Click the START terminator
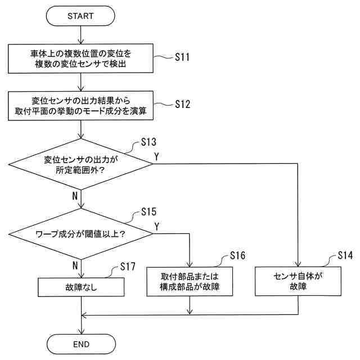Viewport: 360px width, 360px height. (x=80, y=16)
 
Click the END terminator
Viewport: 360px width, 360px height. (x=81, y=344)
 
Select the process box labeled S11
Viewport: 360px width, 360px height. (x=80, y=58)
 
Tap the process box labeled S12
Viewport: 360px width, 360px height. (x=80, y=106)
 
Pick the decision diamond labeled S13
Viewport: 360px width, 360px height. (x=80, y=164)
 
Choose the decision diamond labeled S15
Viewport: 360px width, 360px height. (x=81, y=234)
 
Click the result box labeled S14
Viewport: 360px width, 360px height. (x=298, y=281)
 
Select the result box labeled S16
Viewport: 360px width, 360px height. (x=190, y=281)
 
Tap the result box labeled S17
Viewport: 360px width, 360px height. (x=81, y=287)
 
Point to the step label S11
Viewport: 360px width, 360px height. (x=182, y=57)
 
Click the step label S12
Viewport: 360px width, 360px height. (x=182, y=104)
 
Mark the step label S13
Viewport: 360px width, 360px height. (x=148, y=142)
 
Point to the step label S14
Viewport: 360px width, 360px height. (x=345, y=255)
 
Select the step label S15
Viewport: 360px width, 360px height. (x=148, y=211)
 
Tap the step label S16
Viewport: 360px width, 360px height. (x=237, y=255)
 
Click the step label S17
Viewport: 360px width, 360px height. (x=128, y=267)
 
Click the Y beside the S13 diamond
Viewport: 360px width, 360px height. (x=156, y=156)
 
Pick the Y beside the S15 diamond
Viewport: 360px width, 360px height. (x=157, y=226)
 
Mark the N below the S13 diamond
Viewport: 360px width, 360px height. (x=75, y=196)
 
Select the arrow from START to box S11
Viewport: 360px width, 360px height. (x=80, y=35)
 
